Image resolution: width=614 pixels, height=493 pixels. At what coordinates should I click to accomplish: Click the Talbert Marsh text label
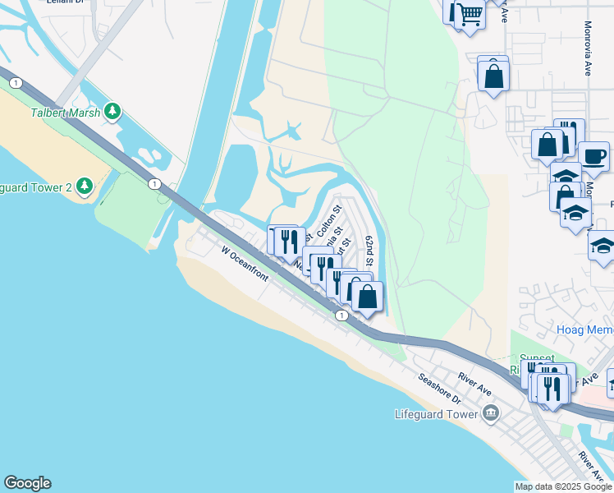66,113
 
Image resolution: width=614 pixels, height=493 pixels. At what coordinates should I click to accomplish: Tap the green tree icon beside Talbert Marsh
112,112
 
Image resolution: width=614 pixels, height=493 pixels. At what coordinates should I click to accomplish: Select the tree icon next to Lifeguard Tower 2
84,186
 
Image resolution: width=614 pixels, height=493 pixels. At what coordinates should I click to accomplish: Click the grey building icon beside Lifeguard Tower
491,412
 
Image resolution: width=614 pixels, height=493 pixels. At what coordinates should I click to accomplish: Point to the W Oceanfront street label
245,264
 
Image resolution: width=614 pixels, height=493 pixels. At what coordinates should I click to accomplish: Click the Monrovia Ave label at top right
589,49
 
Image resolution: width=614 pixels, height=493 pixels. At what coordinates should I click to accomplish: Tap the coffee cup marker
593,155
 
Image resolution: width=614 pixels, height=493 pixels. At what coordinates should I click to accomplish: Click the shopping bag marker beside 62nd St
367,296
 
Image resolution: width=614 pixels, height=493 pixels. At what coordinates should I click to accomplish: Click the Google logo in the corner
27,483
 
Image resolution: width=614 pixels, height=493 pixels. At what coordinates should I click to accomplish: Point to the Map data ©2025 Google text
563,486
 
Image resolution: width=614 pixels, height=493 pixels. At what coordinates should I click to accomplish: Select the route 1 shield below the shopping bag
341,315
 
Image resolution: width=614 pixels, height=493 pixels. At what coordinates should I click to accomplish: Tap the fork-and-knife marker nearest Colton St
287,241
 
